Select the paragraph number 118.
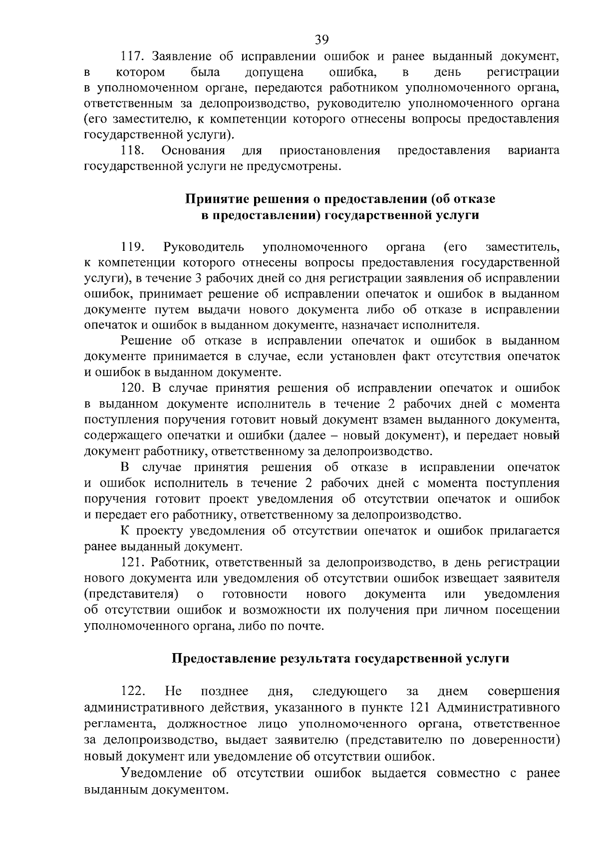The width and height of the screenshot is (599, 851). tap(133, 150)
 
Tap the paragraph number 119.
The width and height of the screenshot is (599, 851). tap(133, 247)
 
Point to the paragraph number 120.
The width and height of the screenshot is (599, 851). tap(133, 388)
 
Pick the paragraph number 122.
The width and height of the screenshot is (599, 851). tap(133, 691)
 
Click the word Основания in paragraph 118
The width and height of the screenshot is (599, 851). tap(193, 150)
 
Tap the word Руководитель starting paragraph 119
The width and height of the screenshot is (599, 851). tap(204, 247)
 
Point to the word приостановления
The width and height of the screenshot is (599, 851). tap(330, 150)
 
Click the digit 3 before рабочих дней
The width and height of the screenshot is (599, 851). tap(209, 278)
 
